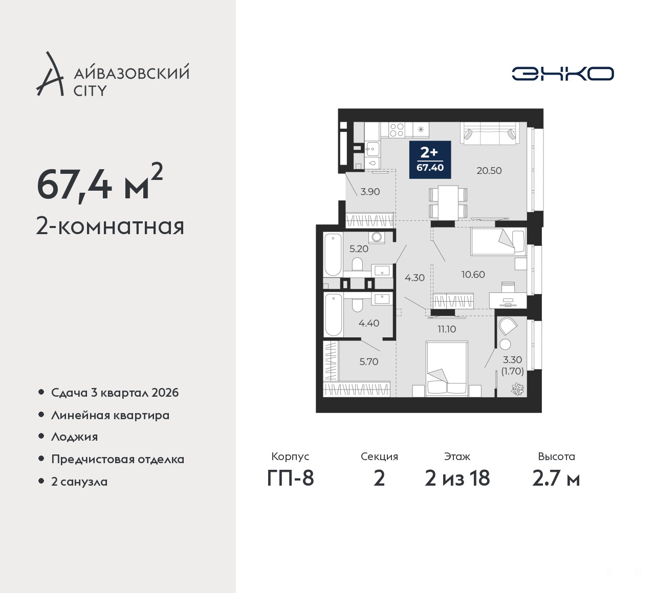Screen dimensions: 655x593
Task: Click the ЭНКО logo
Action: (562, 74)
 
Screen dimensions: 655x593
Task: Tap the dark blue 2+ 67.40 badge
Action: (430, 160)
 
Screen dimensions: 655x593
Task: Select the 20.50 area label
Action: (489, 171)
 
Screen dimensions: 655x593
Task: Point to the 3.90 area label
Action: (370, 192)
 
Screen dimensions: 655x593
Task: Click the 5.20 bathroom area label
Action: (359, 249)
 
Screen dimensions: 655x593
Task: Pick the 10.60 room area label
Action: (473, 275)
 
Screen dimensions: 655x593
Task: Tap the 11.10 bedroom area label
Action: (447, 329)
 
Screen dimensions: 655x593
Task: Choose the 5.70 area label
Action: (368, 361)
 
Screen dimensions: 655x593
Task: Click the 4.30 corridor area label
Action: (414, 278)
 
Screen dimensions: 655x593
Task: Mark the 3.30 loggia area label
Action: (512, 360)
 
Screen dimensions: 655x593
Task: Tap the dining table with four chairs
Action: (448, 202)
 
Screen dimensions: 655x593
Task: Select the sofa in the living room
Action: (489, 133)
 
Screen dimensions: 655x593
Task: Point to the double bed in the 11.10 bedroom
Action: (447, 369)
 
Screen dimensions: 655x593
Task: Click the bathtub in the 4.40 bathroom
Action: (333, 315)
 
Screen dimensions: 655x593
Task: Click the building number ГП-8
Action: (290, 478)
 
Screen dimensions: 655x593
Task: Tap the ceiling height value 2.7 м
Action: (556, 479)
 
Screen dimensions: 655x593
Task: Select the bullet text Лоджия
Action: (74, 437)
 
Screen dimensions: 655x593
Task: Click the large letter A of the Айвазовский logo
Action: (50, 74)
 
